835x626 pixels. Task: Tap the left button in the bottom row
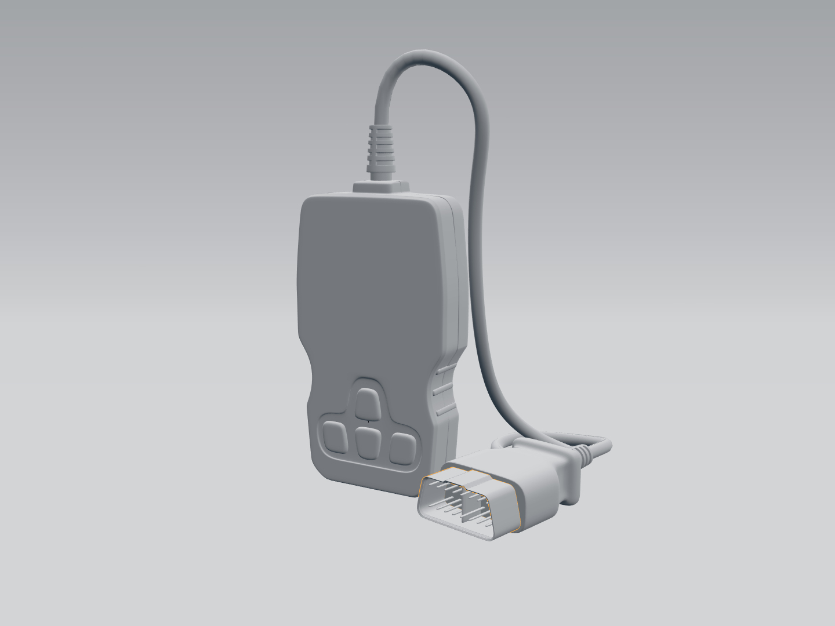(335, 437)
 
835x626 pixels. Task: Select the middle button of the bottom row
(367, 442)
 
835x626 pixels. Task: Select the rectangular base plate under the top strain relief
(380, 187)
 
